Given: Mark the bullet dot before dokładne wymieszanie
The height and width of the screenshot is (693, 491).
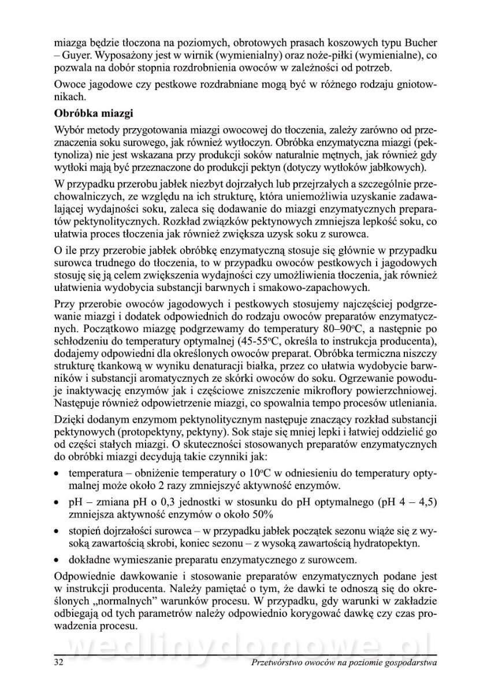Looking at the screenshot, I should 57,560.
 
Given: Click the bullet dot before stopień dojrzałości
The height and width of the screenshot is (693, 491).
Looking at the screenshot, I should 57,531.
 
